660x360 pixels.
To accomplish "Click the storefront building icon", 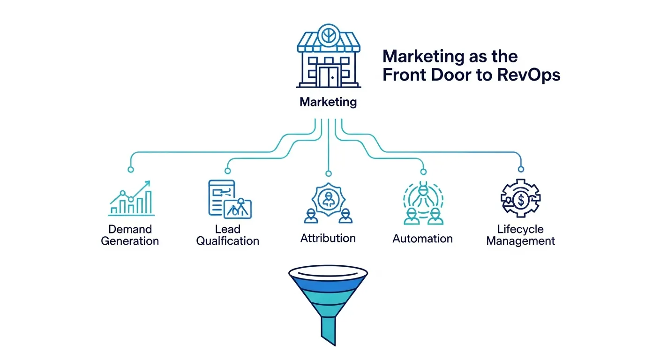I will coord(328,59).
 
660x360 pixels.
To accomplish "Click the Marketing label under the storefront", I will coord(328,102).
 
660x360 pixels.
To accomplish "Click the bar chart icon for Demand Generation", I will coord(131,199).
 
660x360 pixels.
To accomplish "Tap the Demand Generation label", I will coord(130,235).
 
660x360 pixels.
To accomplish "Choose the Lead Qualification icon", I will coord(229,199).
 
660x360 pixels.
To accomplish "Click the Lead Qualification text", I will coord(228,235).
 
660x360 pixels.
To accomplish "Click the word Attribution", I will coord(328,238).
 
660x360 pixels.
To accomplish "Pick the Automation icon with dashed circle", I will coord(422,202).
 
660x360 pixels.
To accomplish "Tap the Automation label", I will coord(422,239).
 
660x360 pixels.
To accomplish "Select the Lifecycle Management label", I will coord(520,235).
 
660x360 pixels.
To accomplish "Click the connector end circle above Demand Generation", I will coord(131,169).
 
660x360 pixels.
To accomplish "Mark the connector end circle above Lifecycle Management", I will coord(520,169).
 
